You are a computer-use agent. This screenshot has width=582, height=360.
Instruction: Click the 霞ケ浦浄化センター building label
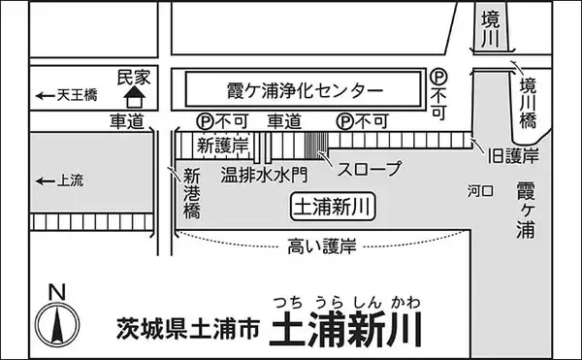pos(290,92)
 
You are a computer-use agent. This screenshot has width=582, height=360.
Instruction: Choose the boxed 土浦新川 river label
pos(334,206)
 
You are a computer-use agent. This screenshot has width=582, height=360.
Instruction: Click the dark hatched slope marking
pos(316,144)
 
